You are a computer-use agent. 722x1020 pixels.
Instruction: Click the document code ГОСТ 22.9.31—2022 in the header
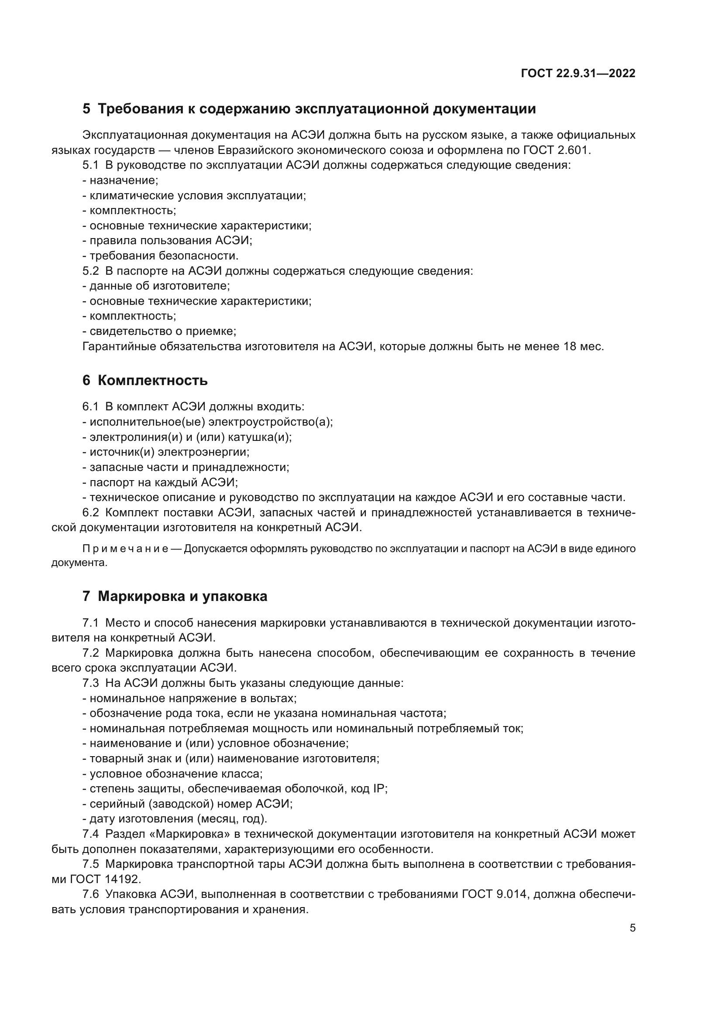pos(578,74)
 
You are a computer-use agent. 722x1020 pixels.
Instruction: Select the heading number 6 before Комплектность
pos(86,381)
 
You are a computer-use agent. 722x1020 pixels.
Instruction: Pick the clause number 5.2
pos(91,271)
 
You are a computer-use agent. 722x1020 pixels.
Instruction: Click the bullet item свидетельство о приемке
pos(162,331)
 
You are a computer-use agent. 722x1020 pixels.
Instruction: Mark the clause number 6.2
pos(91,513)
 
